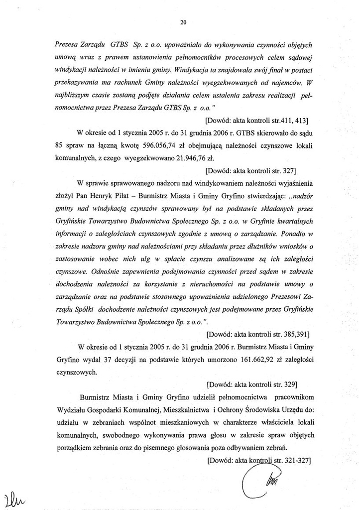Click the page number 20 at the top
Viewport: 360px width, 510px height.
(x=182, y=22)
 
